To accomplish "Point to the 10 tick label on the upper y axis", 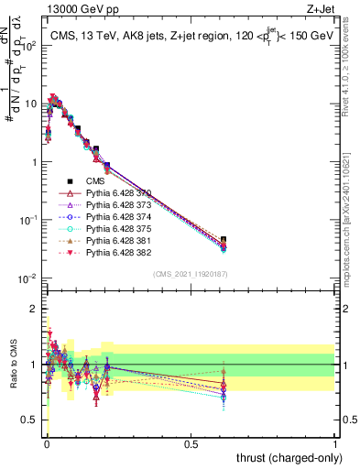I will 32,104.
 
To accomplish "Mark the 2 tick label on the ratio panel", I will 35,309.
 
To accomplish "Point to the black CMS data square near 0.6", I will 224,240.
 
